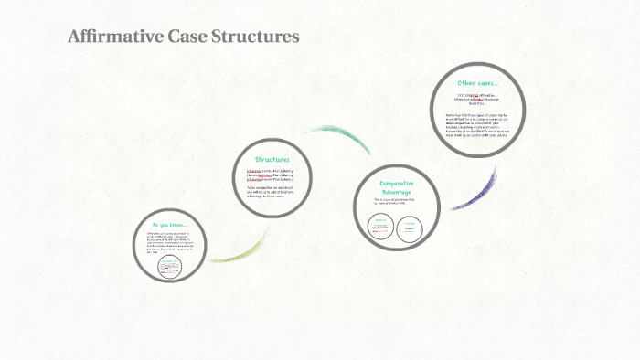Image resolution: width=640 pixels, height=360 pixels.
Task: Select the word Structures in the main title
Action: pyautogui.click(x=255, y=37)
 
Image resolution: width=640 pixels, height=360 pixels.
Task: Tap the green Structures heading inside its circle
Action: pyautogui.click(x=272, y=159)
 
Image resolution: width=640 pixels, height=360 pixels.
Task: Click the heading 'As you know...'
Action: pyautogui.click(x=168, y=225)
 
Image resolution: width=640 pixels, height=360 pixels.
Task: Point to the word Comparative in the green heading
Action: pyautogui.click(x=396, y=182)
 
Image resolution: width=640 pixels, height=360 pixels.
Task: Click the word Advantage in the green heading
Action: pyautogui.click(x=396, y=191)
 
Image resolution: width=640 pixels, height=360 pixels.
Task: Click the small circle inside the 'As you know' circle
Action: pyautogui.click(x=170, y=266)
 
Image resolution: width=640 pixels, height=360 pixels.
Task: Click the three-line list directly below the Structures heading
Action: pyautogui.click(x=272, y=175)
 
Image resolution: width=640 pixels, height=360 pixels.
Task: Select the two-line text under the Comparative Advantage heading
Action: pyautogui.click(x=395, y=203)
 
